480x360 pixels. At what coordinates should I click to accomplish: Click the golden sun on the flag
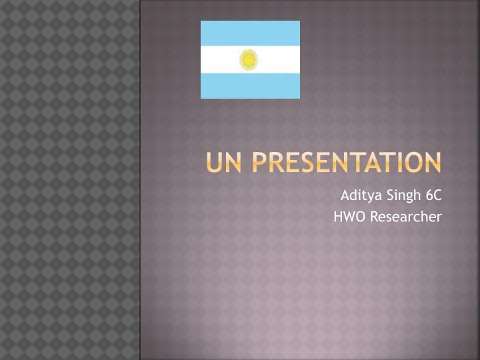tap(249, 60)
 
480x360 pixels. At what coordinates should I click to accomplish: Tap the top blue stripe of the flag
tap(250, 33)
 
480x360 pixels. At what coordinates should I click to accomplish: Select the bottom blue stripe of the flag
tap(250, 86)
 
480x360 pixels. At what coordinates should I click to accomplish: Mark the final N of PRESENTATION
tap(432, 162)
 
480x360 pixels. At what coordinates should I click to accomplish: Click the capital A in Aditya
tap(345, 195)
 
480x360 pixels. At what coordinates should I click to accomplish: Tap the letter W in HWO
tap(347, 217)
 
